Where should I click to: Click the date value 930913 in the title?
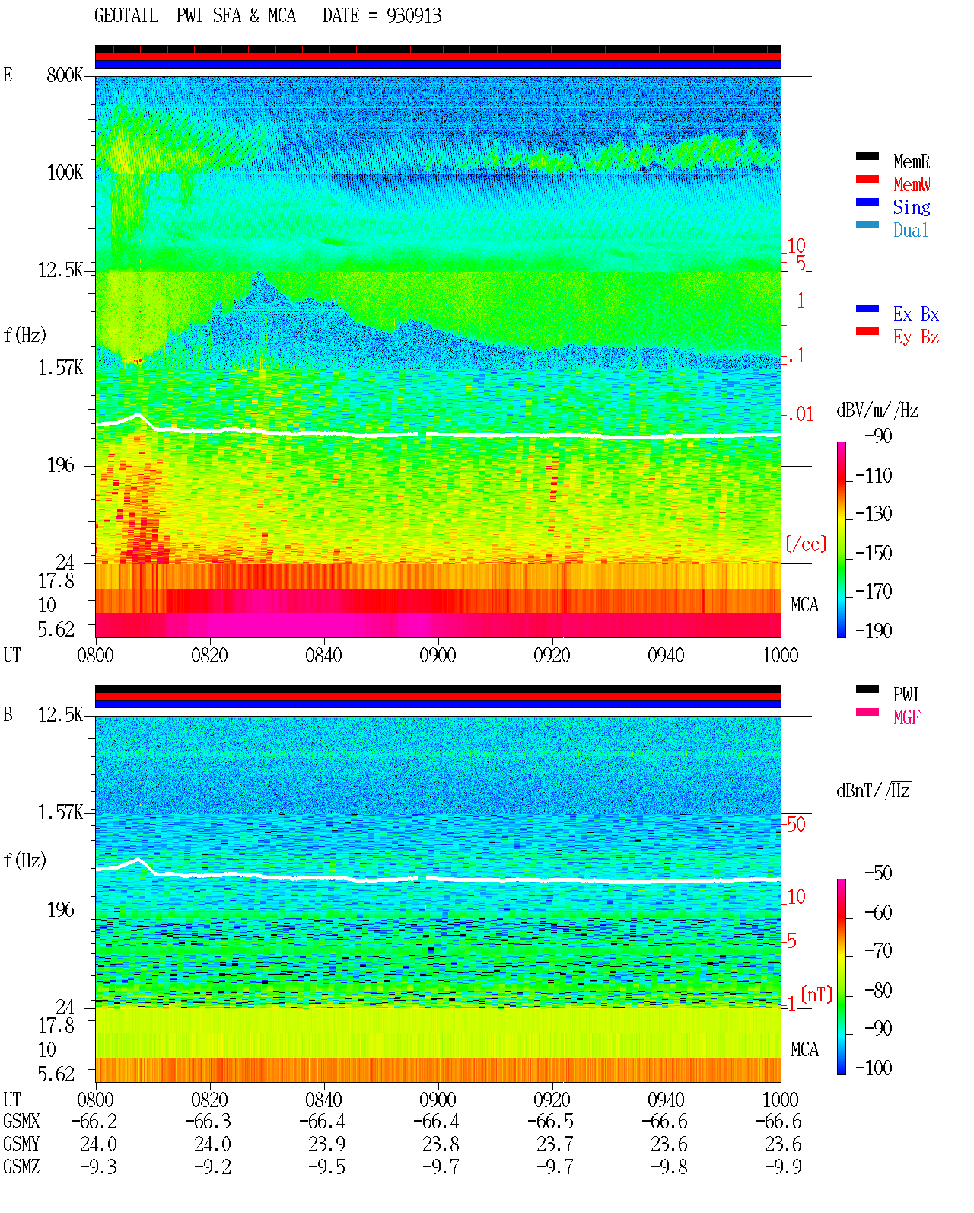click(413, 16)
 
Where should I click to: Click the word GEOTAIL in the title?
click(126, 16)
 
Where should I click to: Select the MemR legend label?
click(911, 161)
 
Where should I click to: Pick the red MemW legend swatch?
click(867, 179)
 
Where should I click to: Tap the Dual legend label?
click(910, 230)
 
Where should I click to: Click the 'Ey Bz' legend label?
click(916, 337)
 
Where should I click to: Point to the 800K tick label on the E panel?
click(65, 75)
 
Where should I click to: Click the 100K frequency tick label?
click(65, 173)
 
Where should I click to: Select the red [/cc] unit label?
click(806, 544)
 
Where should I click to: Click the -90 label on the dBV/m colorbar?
click(878, 436)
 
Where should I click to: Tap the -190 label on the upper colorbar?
click(874, 630)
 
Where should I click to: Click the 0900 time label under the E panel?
click(438, 655)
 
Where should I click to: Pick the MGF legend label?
click(906, 717)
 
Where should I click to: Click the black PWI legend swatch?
click(867, 689)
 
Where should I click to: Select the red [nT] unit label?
click(816, 994)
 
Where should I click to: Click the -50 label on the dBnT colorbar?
click(878, 873)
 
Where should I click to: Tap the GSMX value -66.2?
click(94, 1122)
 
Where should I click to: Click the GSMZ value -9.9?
click(783, 1167)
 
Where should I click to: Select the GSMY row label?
click(21, 1144)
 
